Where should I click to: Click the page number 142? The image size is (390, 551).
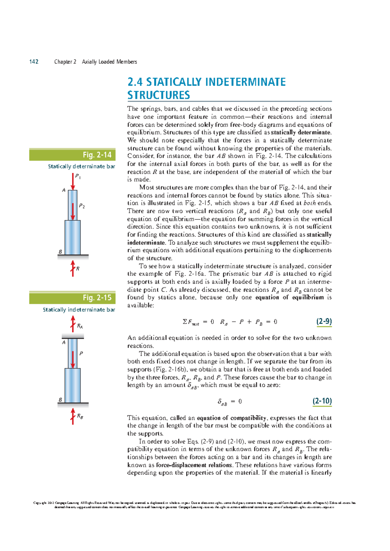click(x=34, y=62)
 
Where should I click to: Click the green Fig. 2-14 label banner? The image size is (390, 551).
click(x=72, y=155)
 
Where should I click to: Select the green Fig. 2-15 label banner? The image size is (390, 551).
click(x=72, y=298)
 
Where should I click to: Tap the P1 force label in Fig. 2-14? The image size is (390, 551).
click(x=78, y=176)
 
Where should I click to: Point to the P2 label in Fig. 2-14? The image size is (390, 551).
click(x=82, y=206)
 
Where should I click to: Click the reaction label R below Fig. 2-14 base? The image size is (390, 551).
click(x=78, y=269)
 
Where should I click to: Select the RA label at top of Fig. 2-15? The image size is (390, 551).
click(x=80, y=326)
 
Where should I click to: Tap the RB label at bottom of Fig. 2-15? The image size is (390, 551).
click(x=80, y=416)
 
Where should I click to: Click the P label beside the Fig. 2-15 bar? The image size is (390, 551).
click(x=81, y=353)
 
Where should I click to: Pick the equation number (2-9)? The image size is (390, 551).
click(x=324, y=321)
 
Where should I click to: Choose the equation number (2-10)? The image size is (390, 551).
click(x=322, y=401)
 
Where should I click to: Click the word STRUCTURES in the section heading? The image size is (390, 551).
click(x=159, y=95)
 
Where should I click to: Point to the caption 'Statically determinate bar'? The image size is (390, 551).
click(x=82, y=166)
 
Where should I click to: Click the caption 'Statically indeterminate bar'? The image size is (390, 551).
click(x=79, y=310)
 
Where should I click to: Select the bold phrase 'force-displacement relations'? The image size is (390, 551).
click(x=194, y=465)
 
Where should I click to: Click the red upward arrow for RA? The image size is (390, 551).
click(x=73, y=324)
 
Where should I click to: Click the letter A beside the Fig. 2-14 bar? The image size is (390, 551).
click(x=64, y=190)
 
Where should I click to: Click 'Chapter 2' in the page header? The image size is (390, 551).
click(x=65, y=62)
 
